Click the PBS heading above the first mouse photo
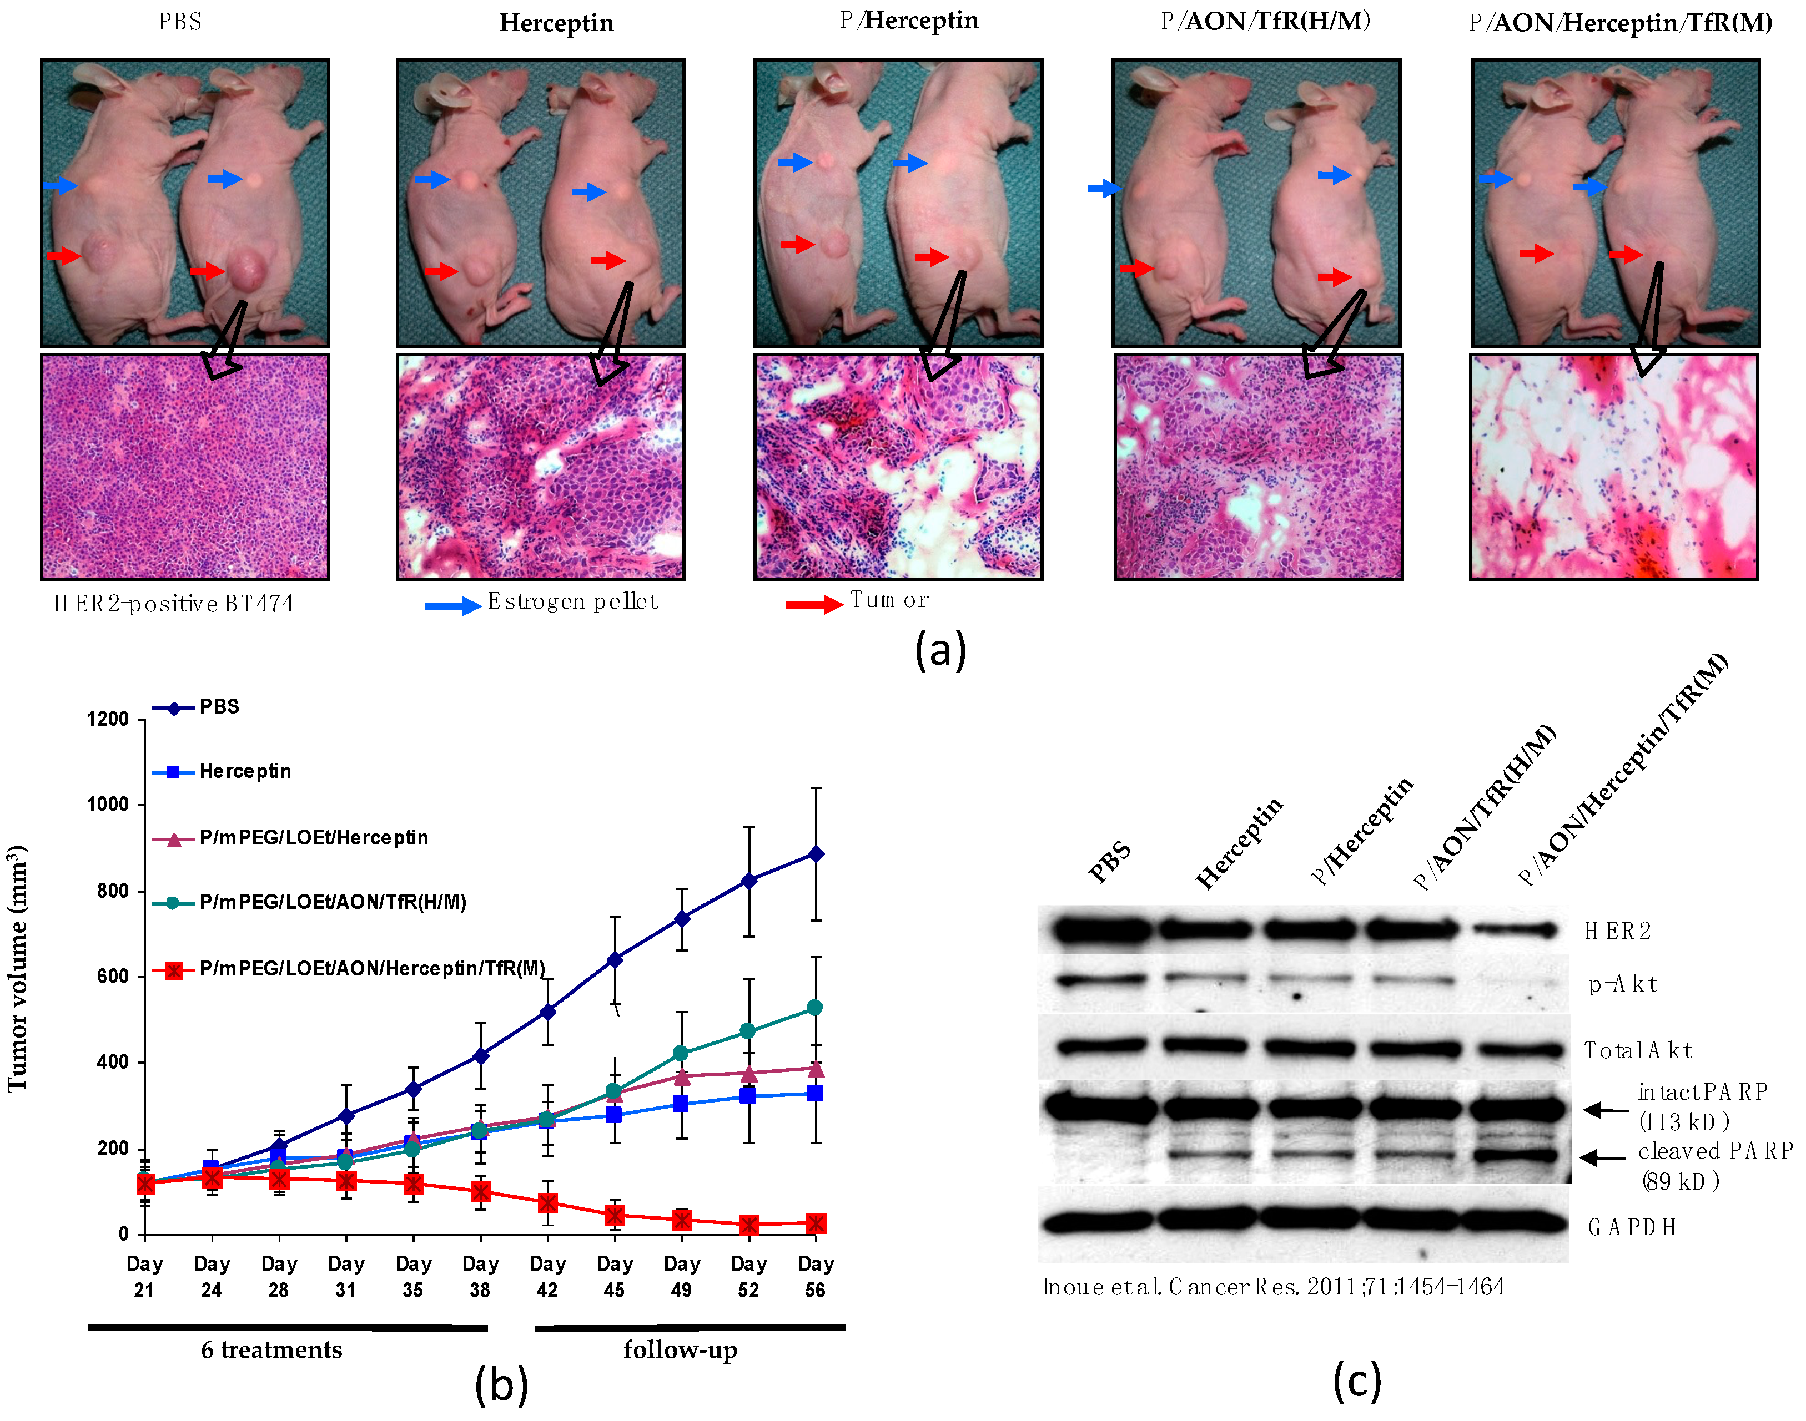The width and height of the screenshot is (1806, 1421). [x=180, y=22]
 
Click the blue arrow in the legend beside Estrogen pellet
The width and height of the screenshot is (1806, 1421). [x=452, y=606]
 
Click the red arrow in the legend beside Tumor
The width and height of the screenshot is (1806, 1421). [x=814, y=604]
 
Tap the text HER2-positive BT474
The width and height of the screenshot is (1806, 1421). [x=174, y=604]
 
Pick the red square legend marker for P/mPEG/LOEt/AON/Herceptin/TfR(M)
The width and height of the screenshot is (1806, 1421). [x=173, y=970]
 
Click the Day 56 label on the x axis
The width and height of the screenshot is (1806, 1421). [x=815, y=1276]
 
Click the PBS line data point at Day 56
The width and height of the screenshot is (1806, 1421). [x=816, y=854]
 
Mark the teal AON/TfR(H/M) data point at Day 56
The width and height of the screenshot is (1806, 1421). [x=815, y=1008]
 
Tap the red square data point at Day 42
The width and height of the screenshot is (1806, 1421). [x=547, y=1203]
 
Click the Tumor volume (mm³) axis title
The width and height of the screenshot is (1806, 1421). [x=18, y=969]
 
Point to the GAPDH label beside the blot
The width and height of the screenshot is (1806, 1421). [x=1631, y=1227]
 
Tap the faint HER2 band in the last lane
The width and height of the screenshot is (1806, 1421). [x=1513, y=930]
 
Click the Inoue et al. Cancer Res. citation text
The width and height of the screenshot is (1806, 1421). [x=1272, y=1287]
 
